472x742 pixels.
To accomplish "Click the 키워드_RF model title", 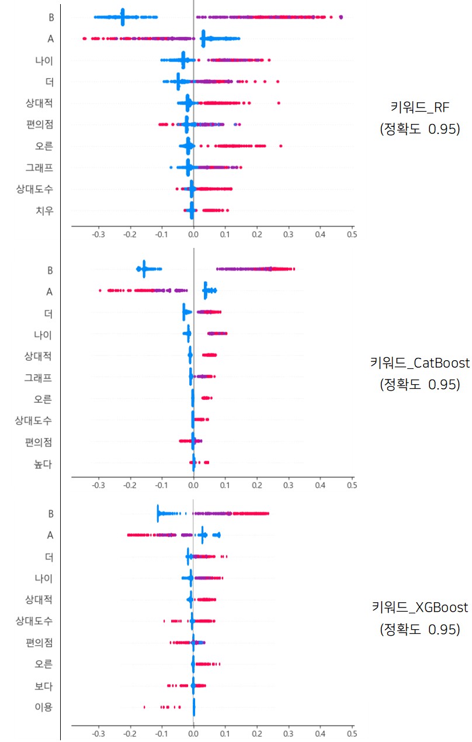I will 419,107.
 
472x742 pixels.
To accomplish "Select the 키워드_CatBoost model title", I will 419,363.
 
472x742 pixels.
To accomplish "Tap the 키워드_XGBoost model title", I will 419,608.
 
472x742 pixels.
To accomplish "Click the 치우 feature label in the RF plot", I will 44,210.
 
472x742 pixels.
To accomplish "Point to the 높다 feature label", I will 43,465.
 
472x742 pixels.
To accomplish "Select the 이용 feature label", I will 43,707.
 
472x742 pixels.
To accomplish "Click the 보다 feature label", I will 43,685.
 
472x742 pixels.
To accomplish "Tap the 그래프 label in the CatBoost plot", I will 39,378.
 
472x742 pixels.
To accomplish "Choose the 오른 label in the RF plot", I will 43,146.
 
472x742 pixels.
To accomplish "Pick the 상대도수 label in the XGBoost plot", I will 34,620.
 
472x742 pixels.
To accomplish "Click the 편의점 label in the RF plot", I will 39,124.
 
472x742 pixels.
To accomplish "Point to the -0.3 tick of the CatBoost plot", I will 99,485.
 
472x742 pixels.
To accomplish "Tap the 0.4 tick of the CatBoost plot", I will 320,485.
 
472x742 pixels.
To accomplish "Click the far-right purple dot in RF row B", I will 341,18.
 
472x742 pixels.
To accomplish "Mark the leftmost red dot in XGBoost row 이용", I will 144,707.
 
